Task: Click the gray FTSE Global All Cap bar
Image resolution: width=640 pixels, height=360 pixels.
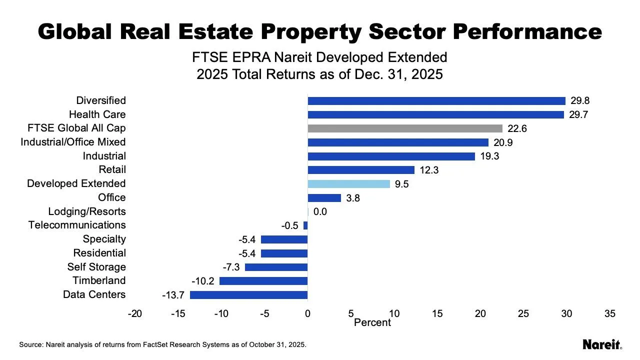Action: (x=405, y=128)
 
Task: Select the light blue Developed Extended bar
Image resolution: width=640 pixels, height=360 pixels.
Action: (x=348, y=184)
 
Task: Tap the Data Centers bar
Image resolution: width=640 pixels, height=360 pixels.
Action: (x=248, y=295)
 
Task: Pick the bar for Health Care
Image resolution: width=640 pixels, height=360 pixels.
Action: (x=435, y=114)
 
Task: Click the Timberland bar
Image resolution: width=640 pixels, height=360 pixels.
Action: (x=263, y=281)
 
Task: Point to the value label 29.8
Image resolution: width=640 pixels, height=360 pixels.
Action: (x=580, y=101)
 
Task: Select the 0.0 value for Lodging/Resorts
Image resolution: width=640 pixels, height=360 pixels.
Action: (x=320, y=211)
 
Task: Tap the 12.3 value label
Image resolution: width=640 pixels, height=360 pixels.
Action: (x=429, y=170)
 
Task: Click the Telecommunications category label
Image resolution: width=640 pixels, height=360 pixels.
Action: (x=77, y=225)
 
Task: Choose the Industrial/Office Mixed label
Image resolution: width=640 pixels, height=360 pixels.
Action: (x=73, y=142)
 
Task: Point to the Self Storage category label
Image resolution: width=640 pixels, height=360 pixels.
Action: (x=96, y=267)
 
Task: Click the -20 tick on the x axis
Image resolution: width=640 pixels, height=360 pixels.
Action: (x=134, y=314)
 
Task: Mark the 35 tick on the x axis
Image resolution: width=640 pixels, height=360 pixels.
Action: (x=609, y=314)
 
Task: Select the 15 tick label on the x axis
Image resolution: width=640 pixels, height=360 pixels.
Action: (x=437, y=314)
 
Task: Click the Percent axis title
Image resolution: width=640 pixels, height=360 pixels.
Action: (x=372, y=323)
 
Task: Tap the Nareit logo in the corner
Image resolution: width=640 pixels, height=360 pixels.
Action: (x=602, y=344)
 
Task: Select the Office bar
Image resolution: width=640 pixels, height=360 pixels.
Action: (x=324, y=198)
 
